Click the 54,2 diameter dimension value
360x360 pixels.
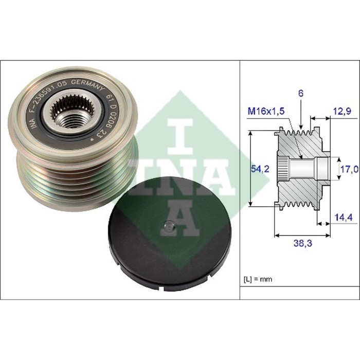tap(260, 169)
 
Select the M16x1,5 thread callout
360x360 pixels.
tap(266, 112)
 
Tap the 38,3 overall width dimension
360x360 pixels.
tap(302, 243)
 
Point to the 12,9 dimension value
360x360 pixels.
tap(342, 112)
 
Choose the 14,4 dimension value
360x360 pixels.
tap(344, 217)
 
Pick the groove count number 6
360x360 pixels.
tap(301, 94)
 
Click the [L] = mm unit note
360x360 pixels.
tap(258, 279)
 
